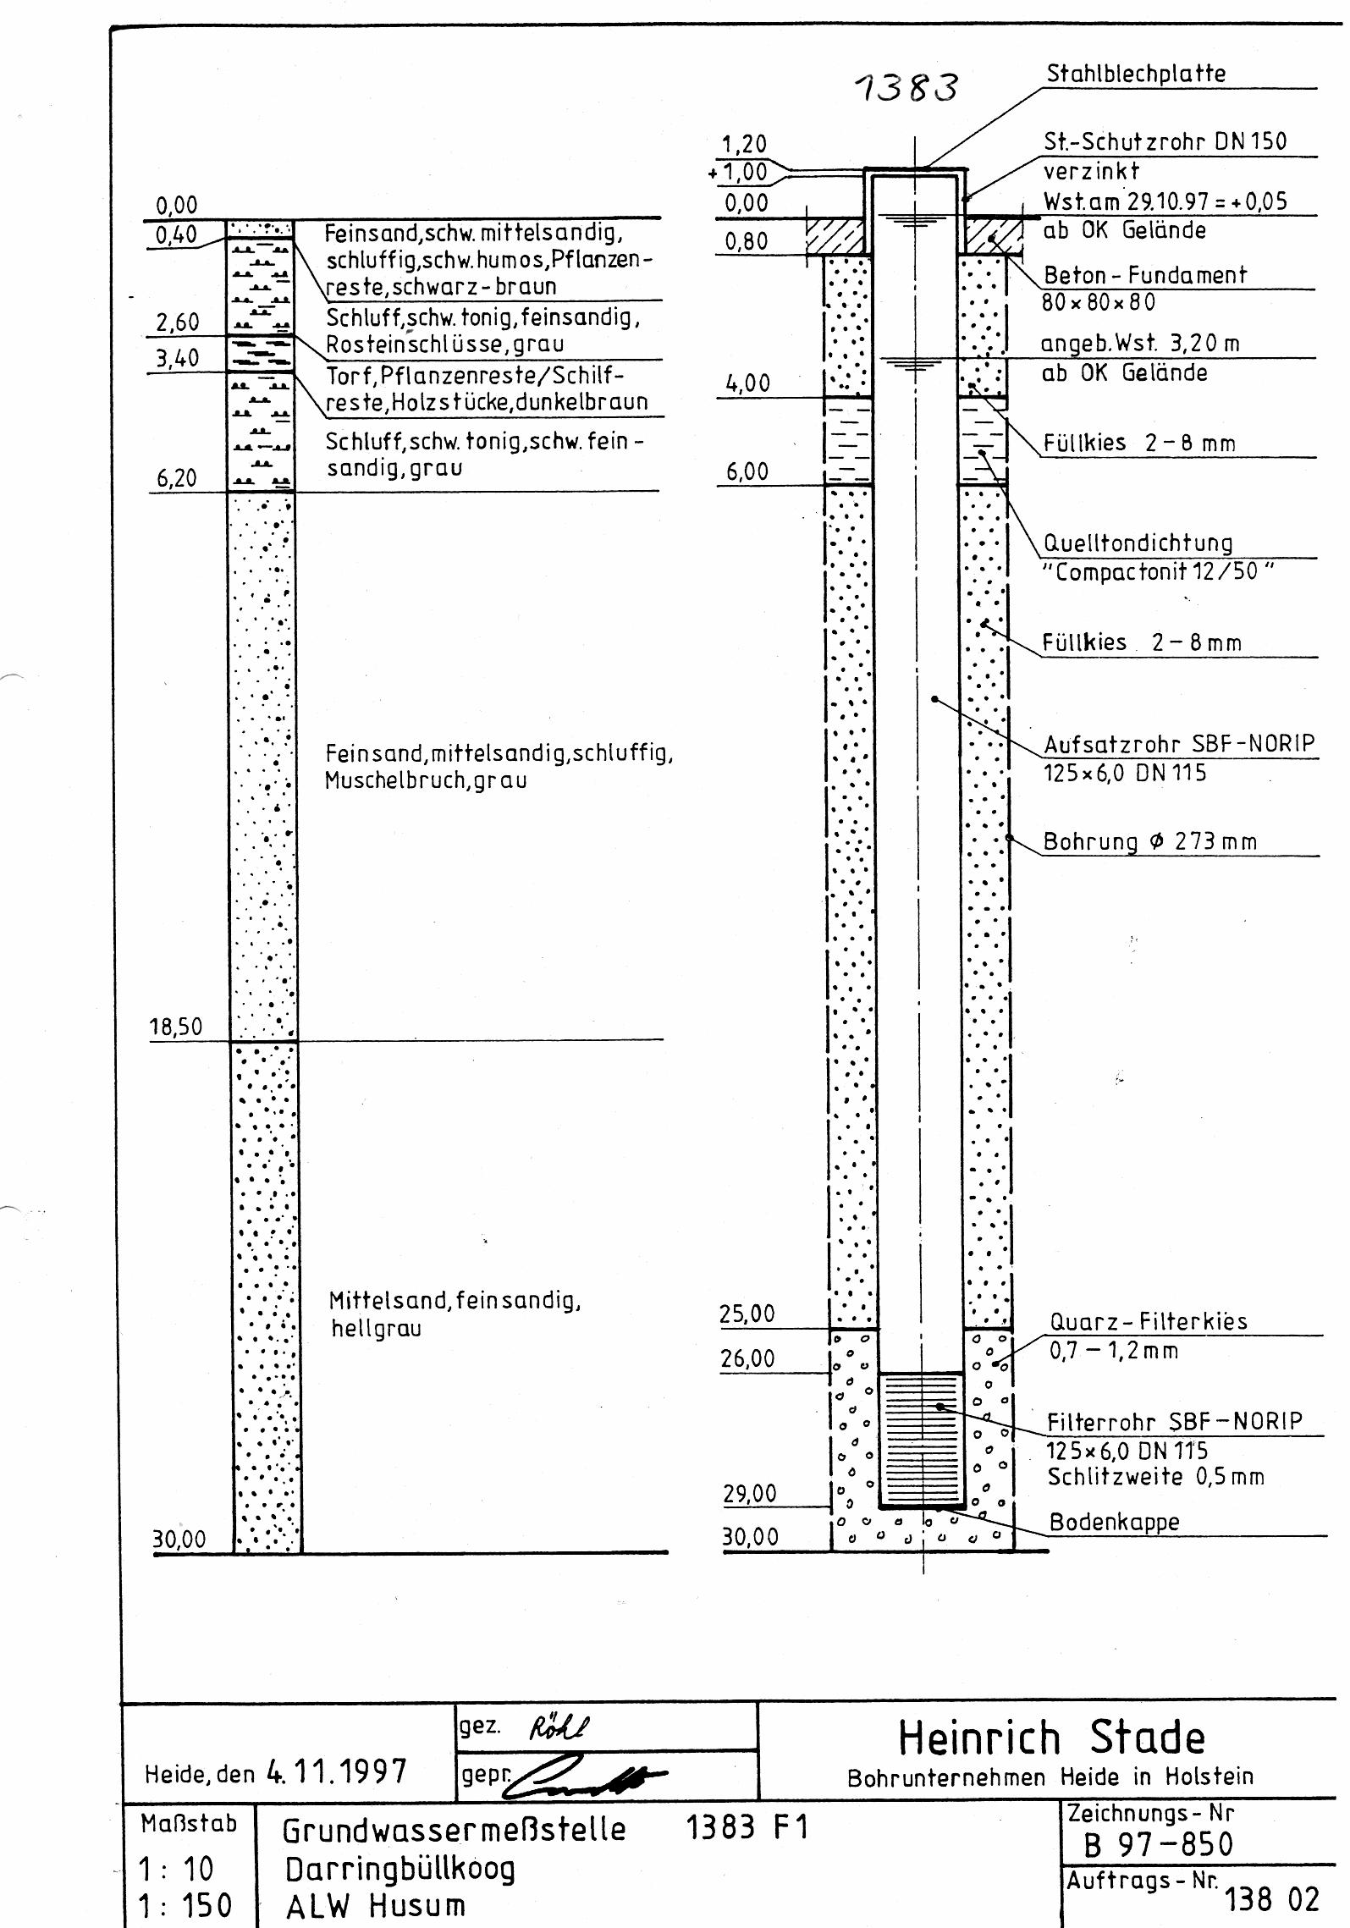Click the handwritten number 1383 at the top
[906, 87]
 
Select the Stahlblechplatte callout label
[1136, 74]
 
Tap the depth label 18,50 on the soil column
[176, 1027]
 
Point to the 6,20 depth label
[176, 478]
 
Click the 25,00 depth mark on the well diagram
[747, 1314]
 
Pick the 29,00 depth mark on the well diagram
[750, 1493]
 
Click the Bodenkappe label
[1114, 1523]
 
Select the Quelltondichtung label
[1138, 543]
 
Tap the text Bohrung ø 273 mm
[1149, 841]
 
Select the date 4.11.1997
[337, 1771]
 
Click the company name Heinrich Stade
[1051, 1738]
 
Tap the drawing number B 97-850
[1159, 1845]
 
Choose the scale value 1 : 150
[185, 1905]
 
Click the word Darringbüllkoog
[399, 1869]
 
